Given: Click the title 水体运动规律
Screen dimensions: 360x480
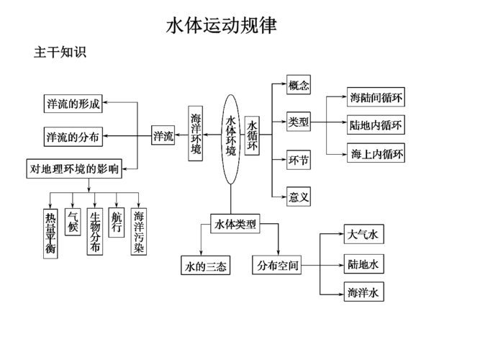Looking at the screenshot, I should click(x=221, y=25).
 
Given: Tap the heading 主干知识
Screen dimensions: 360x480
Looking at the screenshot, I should click(x=60, y=53).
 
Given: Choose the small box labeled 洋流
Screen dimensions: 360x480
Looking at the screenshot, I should click(x=163, y=136).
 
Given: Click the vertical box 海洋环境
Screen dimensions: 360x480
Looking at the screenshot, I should click(x=196, y=132).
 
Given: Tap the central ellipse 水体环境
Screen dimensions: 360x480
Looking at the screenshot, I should click(x=230, y=138).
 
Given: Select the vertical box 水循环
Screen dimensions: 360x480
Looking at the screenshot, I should click(x=253, y=136).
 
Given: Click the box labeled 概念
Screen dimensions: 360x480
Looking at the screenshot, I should click(x=299, y=86).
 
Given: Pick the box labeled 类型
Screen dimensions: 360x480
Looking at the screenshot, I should click(x=299, y=122).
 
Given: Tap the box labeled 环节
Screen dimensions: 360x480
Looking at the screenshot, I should click(x=299, y=160).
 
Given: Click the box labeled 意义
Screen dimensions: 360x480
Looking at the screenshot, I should click(x=299, y=196).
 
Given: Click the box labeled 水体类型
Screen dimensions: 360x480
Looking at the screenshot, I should click(x=235, y=224).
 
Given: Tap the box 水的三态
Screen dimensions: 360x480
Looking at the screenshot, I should click(x=205, y=266).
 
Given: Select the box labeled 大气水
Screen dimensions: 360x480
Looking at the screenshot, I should click(x=363, y=235).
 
